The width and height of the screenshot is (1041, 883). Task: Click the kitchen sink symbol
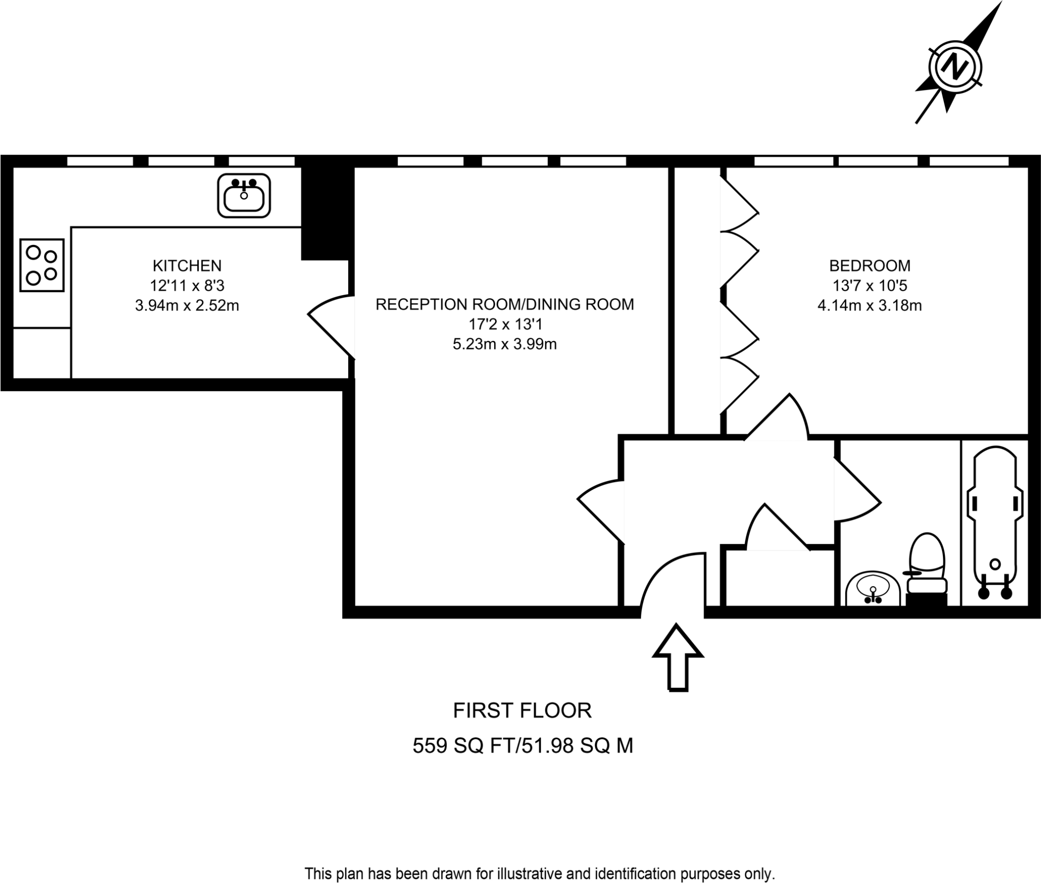pos(243,196)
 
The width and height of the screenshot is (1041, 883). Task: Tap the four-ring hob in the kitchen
pos(42,265)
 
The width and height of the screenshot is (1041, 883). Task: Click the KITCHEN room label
pos(187,266)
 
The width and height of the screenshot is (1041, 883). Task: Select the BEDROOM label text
pos(870,266)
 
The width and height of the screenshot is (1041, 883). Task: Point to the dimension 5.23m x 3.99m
pos(504,344)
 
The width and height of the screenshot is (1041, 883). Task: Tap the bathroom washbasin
pos(873,590)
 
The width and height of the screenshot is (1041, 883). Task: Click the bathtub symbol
pos(995,523)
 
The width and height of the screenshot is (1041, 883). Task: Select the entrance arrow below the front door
pos(678,657)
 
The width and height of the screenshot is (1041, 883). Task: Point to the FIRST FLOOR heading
pos(522,710)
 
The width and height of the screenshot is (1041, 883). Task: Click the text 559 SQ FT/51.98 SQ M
pos(522,746)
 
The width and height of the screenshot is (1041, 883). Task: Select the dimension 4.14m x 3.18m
pos(870,306)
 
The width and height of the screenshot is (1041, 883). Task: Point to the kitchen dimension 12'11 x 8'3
pos(187,286)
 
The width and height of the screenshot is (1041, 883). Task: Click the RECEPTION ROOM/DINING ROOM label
pos(504,304)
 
